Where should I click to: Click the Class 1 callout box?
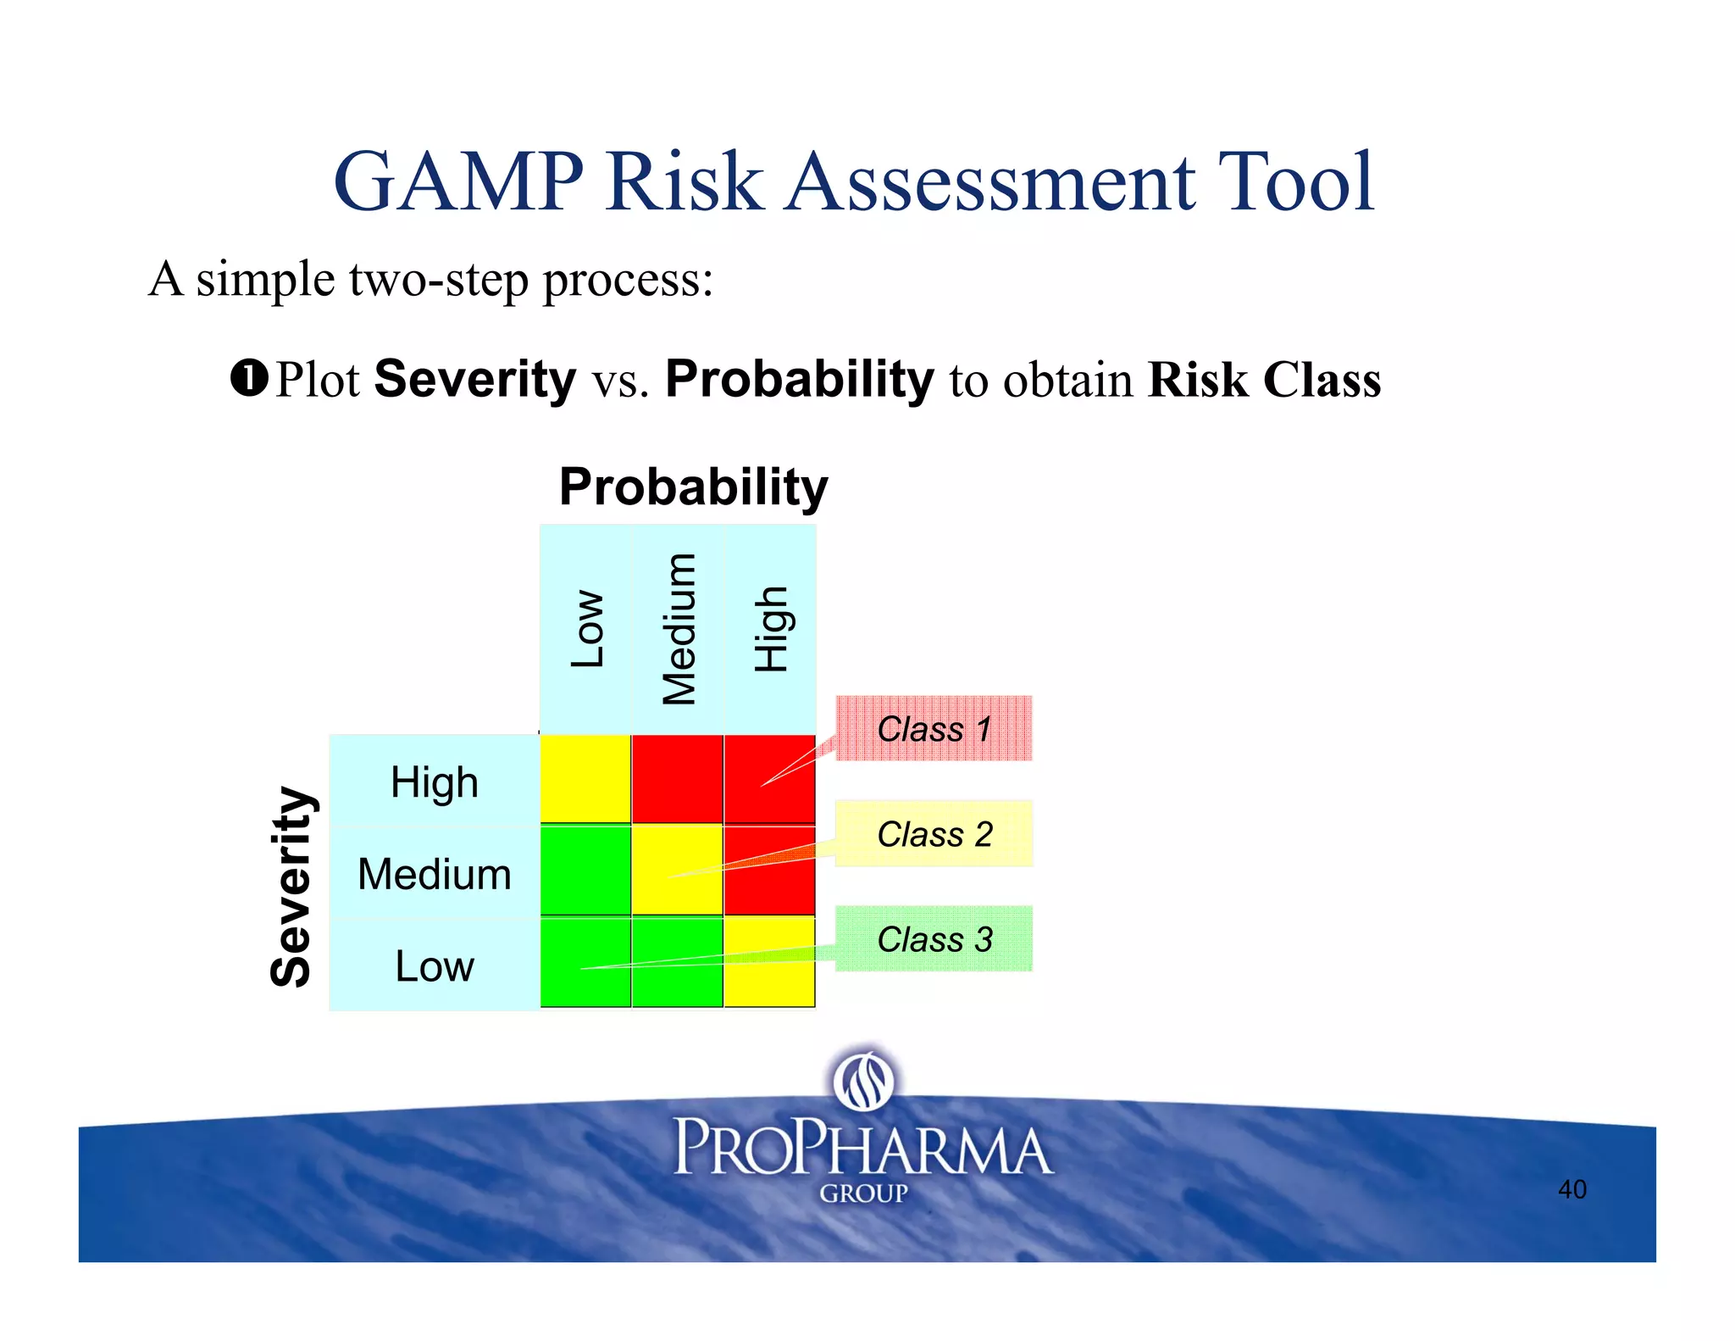click(934, 728)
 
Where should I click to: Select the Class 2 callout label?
click(934, 833)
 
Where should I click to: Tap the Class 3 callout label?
click(934, 938)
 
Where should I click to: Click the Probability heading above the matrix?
click(693, 487)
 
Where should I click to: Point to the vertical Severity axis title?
click(291, 887)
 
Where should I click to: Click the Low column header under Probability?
click(586, 629)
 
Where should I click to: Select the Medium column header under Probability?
click(678, 629)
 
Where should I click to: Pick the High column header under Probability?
click(770, 629)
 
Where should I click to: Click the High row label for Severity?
click(434, 782)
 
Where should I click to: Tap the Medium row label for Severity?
click(434, 873)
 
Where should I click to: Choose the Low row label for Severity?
click(434, 965)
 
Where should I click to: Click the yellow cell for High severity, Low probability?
click(585, 778)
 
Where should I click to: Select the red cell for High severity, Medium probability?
click(677, 778)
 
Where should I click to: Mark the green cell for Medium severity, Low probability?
click(585, 870)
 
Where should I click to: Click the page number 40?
click(1571, 1188)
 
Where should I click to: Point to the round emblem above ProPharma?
click(862, 1079)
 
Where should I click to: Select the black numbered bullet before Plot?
click(249, 378)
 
